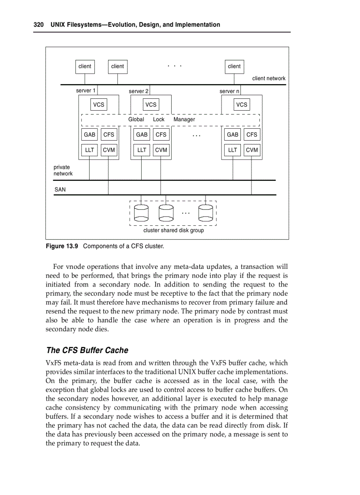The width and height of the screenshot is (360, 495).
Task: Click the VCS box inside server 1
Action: (99, 104)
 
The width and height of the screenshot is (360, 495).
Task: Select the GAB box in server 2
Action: (142, 135)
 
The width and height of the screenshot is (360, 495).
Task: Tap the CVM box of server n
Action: (252, 150)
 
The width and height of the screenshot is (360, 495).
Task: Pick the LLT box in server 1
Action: (90, 150)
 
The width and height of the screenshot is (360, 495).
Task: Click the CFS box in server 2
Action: (161, 135)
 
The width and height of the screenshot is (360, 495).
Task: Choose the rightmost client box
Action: (234, 67)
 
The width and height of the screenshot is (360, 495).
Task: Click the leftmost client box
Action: (85, 67)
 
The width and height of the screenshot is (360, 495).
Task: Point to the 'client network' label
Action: (269, 78)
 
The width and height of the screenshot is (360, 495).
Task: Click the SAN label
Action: (60, 190)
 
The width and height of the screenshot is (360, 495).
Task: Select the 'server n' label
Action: (229, 91)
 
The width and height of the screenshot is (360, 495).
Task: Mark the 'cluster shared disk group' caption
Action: (173, 231)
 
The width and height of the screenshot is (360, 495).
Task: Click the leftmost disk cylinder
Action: (142, 212)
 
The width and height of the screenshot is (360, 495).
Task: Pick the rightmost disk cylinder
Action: (206, 212)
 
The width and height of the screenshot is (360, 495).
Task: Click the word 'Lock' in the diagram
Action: (158, 119)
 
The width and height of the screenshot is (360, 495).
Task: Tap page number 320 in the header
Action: (39, 25)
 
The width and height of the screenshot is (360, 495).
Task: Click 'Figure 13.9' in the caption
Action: (62, 246)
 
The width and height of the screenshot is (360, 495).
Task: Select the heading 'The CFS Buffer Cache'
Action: (87, 350)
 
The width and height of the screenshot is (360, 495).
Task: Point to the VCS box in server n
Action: (242, 104)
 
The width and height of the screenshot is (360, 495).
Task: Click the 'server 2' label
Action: (138, 91)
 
